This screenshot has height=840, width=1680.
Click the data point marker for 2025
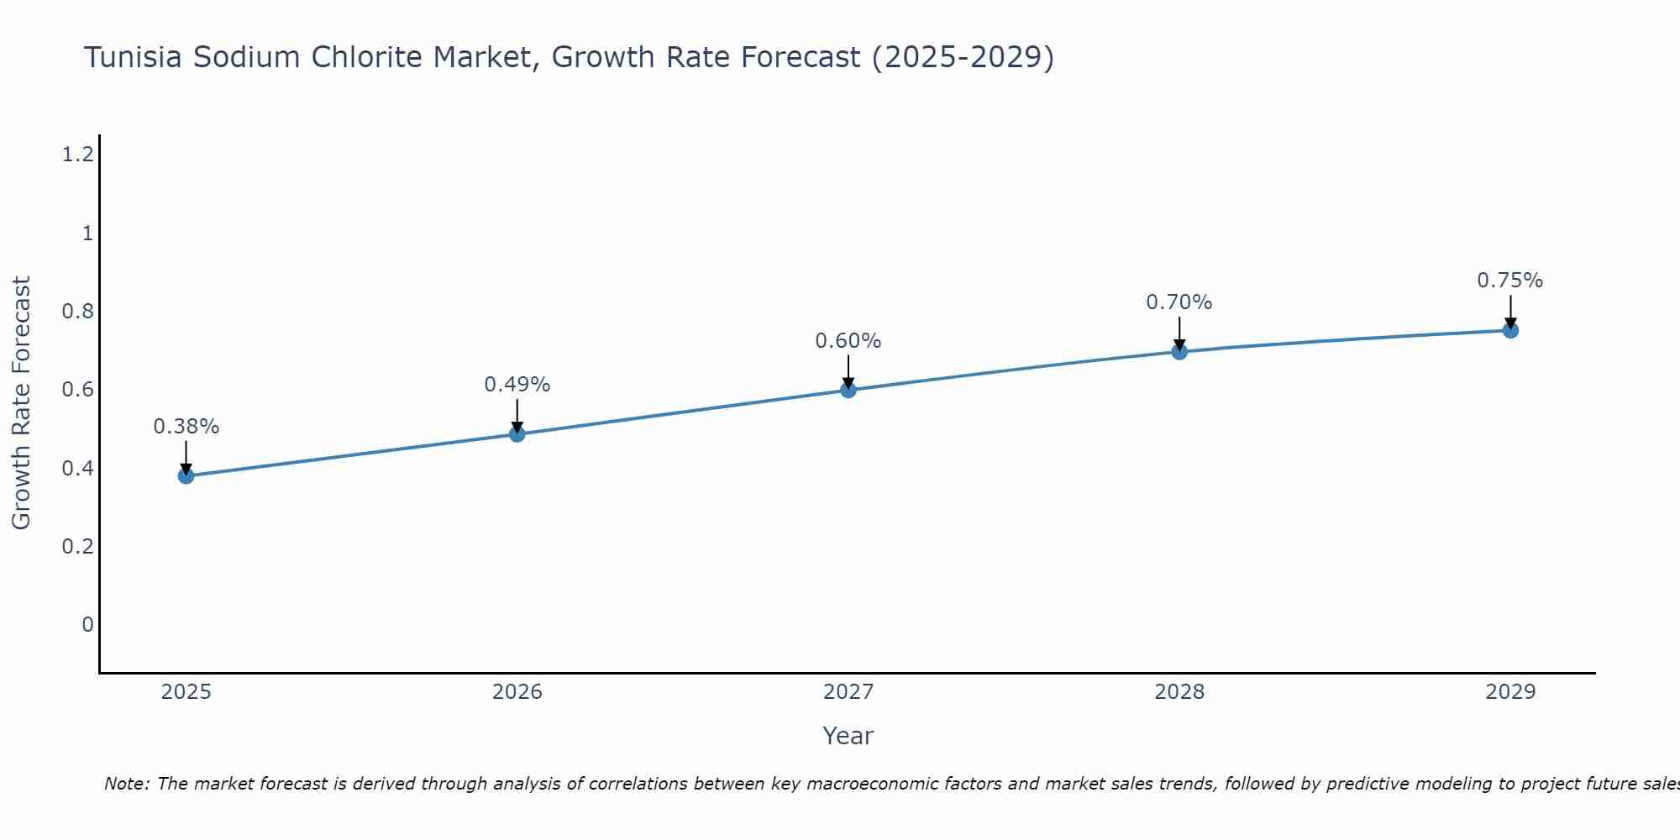click(x=186, y=476)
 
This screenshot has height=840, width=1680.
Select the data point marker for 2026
click(x=517, y=434)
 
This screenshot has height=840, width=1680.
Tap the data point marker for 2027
click(x=848, y=390)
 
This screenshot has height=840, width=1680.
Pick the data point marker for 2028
click(x=1179, y=352)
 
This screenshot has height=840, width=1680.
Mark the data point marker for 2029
click(x=1510, y=330)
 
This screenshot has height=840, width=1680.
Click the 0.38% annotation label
click(x=186, y=427)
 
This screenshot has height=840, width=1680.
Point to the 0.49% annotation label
click(x=517, y=385)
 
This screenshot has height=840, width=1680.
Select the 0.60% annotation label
click(x=848, y=341)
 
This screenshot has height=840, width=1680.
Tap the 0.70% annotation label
click(x=1179, y=302)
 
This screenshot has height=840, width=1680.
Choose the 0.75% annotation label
click(x=1510, y=281)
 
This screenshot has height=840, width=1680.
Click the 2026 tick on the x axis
click(x=517, y=692)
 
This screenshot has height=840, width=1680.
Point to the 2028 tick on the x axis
click(x=1179, y=692)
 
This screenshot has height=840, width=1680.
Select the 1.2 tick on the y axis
click(x=77, y=155)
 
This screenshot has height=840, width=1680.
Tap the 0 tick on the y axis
click(x=87, y=625)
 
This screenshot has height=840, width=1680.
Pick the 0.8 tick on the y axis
click(x=77, y=312)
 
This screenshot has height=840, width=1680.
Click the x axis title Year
click(x=848, y=736)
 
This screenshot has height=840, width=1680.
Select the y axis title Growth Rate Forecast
click(x=22, y=403)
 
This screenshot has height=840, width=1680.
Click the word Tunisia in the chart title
click(x=134, y=57)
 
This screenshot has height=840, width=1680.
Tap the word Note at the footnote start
click(x=126, y=784)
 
